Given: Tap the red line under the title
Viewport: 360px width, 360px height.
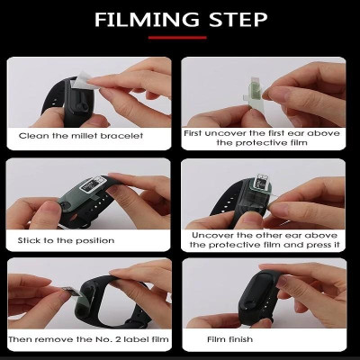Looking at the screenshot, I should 180,38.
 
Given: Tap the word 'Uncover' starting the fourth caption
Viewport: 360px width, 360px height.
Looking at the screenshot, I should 209,233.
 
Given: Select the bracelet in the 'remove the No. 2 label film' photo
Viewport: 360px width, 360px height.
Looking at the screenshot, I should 99,301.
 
